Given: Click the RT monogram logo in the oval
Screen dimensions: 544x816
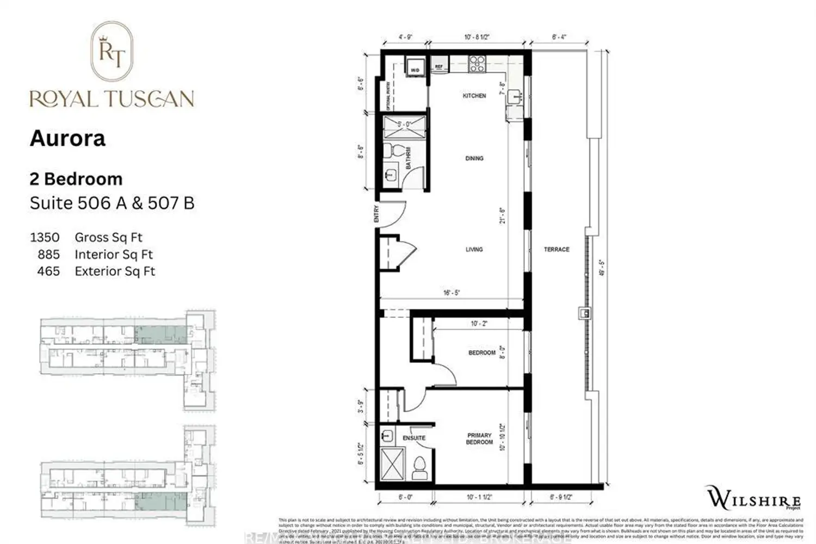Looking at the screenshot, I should point(112,52).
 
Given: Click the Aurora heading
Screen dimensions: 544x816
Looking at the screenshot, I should point(67,138).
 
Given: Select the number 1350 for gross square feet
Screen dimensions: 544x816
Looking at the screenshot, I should point(45,237).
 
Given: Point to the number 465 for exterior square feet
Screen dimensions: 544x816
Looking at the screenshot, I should point(48,271).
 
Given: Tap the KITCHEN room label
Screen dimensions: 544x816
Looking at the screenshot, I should point(474,96).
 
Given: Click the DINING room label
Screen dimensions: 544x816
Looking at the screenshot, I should point(474,158).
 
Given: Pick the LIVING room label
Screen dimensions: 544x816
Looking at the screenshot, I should point(474,249).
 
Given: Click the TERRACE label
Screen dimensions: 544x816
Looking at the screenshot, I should point(557,249).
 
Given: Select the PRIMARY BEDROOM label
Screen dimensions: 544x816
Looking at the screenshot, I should point(479,439).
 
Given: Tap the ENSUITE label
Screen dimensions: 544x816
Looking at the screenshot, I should point(414,438).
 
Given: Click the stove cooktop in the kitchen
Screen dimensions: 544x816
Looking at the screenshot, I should point(477,64).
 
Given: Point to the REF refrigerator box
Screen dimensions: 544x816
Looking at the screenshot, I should point(439,67).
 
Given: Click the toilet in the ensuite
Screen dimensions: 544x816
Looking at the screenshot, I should point(419,467).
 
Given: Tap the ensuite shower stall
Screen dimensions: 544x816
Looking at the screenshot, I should point(393,463).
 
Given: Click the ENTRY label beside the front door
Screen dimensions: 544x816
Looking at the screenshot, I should point(376,214).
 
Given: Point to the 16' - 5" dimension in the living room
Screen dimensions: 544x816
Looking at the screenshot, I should point(452,293).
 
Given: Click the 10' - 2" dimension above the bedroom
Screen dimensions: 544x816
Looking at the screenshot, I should point(479,324).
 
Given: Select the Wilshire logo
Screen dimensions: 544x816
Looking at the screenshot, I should point(753,498).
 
